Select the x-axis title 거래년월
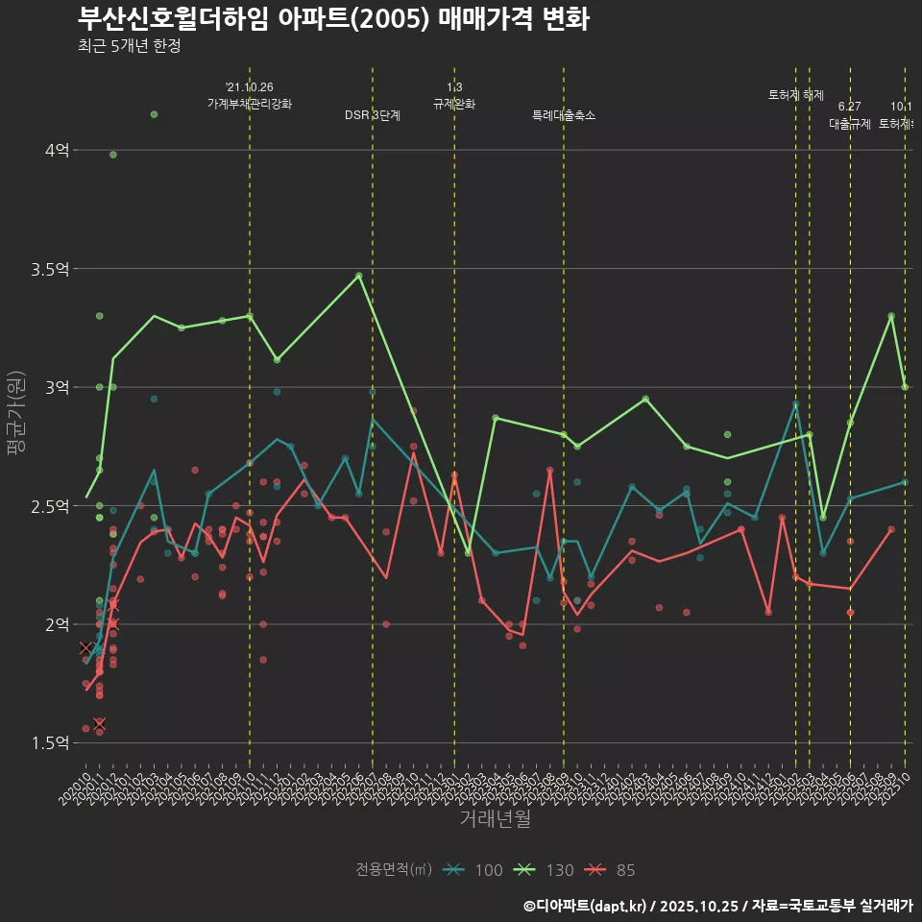click(x=495, y=819)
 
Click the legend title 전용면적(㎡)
click(x=394, y=870)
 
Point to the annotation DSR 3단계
click(x=373, y=115)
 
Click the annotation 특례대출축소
click(x=564, y=115)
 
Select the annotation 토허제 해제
click(x=796, y=95)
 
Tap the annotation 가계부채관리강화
click(x=250, y=103)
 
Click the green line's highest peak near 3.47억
click(x=359, y=276)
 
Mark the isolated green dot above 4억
click(x=154, y=115)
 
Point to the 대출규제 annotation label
click(x=849, y=124)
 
